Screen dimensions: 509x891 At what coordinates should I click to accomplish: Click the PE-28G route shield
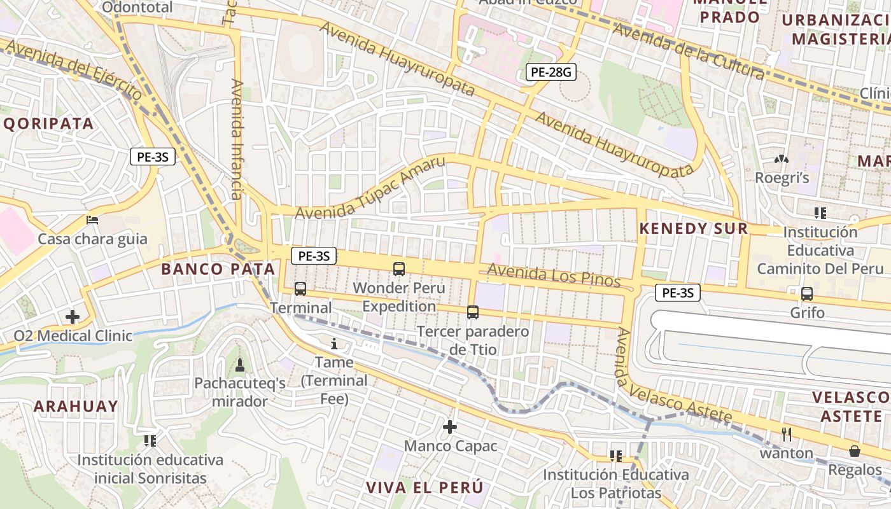pos(551,73)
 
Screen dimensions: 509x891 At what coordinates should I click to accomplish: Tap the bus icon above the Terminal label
pos(300,288)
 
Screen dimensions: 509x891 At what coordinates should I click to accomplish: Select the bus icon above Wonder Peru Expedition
pos(399,268)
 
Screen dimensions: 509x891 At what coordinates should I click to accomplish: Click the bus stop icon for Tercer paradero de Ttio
pos(473,312)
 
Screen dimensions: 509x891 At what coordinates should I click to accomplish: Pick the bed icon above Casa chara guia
pos(92,220)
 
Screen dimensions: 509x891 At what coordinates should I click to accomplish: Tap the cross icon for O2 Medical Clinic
pos(73,316)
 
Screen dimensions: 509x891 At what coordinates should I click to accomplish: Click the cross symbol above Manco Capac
pos(450,426)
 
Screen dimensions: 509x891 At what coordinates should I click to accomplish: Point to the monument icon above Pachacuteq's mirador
pos(240,365)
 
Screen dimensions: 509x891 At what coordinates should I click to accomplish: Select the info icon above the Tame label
pos(335,344)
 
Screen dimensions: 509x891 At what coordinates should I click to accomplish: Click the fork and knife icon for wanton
pos(787,434)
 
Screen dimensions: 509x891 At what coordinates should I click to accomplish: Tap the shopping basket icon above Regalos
pos(855,451)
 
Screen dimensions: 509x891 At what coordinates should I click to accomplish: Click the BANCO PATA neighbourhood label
pos(218,269)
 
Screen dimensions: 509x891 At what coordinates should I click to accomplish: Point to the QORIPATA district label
pos(49,123)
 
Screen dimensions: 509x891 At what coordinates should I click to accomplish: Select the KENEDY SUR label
pos(693,229)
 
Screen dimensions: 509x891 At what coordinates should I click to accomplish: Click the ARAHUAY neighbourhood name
pos(76,406)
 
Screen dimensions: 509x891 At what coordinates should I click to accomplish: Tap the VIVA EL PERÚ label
pos(424,488)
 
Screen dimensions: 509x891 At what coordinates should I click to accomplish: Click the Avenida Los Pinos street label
pos(553,276)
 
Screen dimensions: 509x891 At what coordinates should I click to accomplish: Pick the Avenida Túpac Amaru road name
pos(370,188)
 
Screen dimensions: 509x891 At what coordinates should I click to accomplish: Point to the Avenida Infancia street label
pos(237,139)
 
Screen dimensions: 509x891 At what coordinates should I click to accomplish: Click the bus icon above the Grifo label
pos(807,293)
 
